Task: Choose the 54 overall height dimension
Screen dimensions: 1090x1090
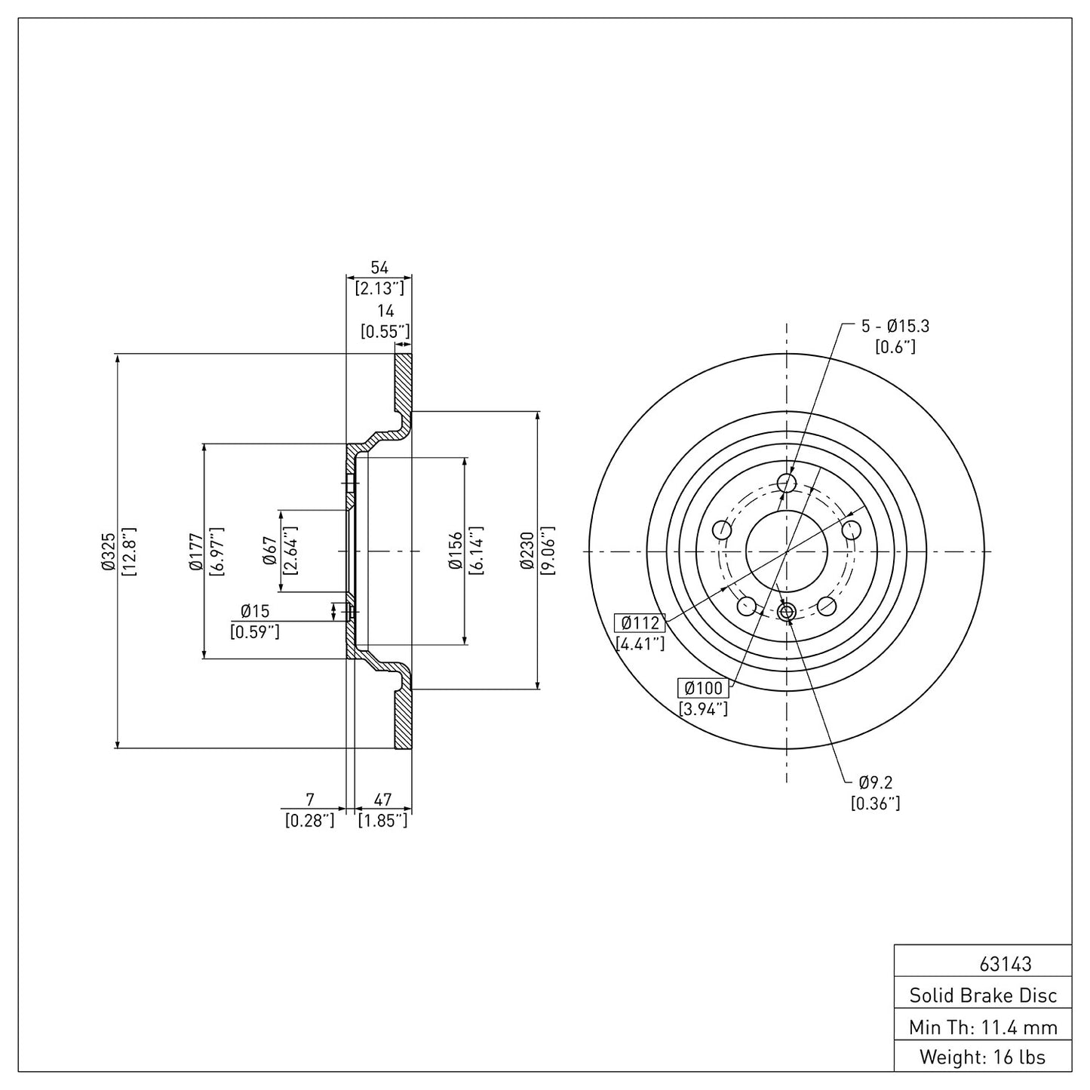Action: pyautogui.click(x=379, y=268)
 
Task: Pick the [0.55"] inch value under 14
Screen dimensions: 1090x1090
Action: pyautogui.click(x=385, y=330)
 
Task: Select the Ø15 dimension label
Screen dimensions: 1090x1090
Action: pyautogui.click(x=255, y=612)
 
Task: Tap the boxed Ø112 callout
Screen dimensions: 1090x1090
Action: pyautogui.click(x=640, y=623)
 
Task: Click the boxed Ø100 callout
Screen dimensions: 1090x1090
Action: pyautogui.click(x=703, y=688)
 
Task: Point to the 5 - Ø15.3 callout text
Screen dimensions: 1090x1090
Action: pyautogui.click(x=895, y=327)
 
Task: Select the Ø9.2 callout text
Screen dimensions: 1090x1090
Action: pyautogui.click(x=875, y=784)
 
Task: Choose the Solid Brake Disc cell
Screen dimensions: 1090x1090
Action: pyautogui.click(x=982, y=996)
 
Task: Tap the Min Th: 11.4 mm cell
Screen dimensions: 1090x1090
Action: pyautogui.click(x=982, y=1027)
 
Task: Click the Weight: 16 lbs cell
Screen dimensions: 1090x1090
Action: pyautogui.click(x=982, y=1058)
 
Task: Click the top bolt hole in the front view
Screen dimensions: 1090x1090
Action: pyautogui.click(x=787, y=483)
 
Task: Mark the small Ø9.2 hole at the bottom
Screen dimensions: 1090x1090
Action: pyautogui.click(x=787, y=612)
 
